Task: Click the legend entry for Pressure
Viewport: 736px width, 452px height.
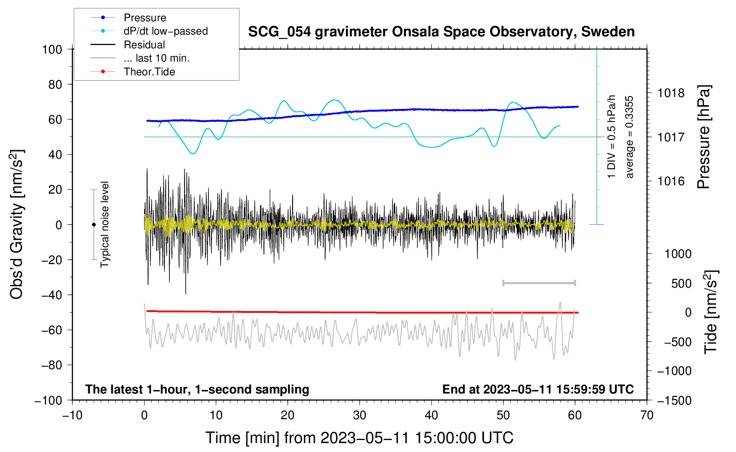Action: (128, 17)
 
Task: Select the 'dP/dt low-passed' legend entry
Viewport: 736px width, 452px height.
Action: (149, 31)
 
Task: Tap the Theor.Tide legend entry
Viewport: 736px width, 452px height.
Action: (133, 72)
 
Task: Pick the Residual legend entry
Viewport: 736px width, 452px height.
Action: (128, 45)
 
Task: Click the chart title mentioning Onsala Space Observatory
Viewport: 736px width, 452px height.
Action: (441, 32)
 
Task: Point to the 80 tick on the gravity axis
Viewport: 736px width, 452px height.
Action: (55, 85)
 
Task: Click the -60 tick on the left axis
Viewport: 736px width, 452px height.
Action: (51, 330)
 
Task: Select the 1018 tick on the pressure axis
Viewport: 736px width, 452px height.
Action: (671, 94)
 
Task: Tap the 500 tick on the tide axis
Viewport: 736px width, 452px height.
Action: (681, 283)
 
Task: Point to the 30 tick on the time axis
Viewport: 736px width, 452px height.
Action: (360, 416)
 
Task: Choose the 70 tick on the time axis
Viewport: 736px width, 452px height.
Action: (646, 416)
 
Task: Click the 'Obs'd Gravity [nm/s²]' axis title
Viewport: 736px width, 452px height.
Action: (16, 224)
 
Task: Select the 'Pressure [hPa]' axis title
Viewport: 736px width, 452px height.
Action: (704, 137)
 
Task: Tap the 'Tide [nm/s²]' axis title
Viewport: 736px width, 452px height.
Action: (711, 312)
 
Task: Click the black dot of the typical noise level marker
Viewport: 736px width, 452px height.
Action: (94, 225)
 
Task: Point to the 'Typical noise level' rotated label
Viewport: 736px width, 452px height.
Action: (105, 225)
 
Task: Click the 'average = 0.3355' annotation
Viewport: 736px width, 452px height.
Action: (629, 137)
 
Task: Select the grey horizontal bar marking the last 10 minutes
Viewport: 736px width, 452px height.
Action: (539, 283)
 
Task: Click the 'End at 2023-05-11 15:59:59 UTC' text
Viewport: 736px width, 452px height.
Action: (538, 389)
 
